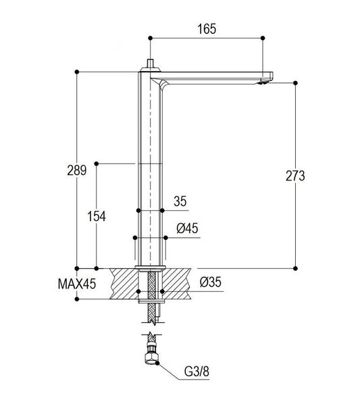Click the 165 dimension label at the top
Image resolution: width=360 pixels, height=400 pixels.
tap(207, 28)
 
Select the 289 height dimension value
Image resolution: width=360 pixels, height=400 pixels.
tap(77, 170)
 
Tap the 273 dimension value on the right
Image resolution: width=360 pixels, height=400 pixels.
tap(295, 176)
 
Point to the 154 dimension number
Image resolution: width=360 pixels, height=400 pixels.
tap(97, 216)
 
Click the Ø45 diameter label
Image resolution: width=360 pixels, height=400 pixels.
tap(187, 228)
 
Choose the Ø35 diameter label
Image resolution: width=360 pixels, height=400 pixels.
tap(211, 282)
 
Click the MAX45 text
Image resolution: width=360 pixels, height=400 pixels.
tap(77, 284)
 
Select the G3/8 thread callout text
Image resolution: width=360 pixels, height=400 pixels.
tap(197, 372)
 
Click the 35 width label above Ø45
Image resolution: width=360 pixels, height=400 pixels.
tap(180, 201)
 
